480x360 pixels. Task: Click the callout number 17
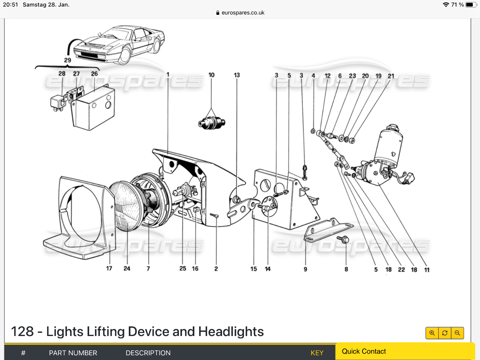tap(109, 268)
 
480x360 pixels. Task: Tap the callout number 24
tap(127, 268)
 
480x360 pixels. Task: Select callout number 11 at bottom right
tap(427, 270)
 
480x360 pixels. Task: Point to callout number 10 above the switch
tap(211, 75)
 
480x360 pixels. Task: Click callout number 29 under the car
tap(67, 60)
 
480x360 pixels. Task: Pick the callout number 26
tap(94, 74)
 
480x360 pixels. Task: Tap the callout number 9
tap(305, 269)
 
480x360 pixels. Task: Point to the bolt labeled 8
tap(344, 240)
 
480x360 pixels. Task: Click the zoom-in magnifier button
tap(432, 333)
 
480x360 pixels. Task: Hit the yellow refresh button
tap(445, 333)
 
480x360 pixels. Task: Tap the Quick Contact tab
tap(364, 351)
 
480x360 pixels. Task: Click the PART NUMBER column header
tap(73, 353)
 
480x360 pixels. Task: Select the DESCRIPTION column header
tap(148, 353)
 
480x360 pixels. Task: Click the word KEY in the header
tap(317, 353)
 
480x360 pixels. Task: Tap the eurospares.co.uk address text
tap(243, 12)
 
